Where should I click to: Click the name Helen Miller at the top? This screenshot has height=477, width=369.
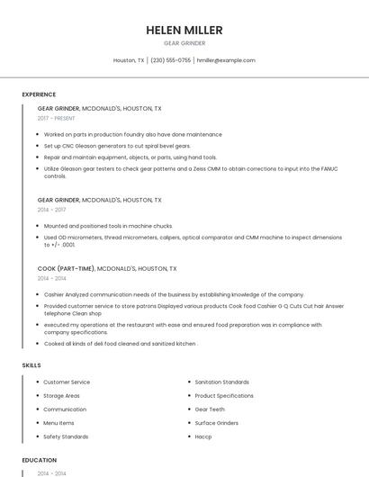(184, 31)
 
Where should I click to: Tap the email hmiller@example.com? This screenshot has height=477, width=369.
(226, 60)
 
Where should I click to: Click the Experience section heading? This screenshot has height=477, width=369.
(39, 94)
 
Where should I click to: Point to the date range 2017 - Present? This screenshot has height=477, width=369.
(57, 118)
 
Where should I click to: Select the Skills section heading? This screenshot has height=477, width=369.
(31, 365)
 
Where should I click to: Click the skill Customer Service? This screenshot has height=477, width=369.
(67, 382)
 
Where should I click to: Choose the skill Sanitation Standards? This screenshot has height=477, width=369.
(221, 382)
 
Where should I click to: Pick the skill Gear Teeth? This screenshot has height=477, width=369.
(210, 409)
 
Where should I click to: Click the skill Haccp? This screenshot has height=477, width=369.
(203, 436)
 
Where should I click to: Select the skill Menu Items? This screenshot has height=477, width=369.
(58, 423)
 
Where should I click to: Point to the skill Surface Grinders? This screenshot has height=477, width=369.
(216, 423)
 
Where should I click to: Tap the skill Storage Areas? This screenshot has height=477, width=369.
(61, 396)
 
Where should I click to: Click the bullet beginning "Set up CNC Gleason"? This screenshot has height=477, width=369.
(117, 146)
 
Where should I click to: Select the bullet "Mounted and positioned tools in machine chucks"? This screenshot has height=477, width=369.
(107, 226)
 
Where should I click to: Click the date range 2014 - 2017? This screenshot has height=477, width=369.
(51, 210)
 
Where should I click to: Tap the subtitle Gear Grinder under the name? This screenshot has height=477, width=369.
(184, 43)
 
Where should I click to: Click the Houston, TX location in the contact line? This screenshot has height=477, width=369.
(129, 60)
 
